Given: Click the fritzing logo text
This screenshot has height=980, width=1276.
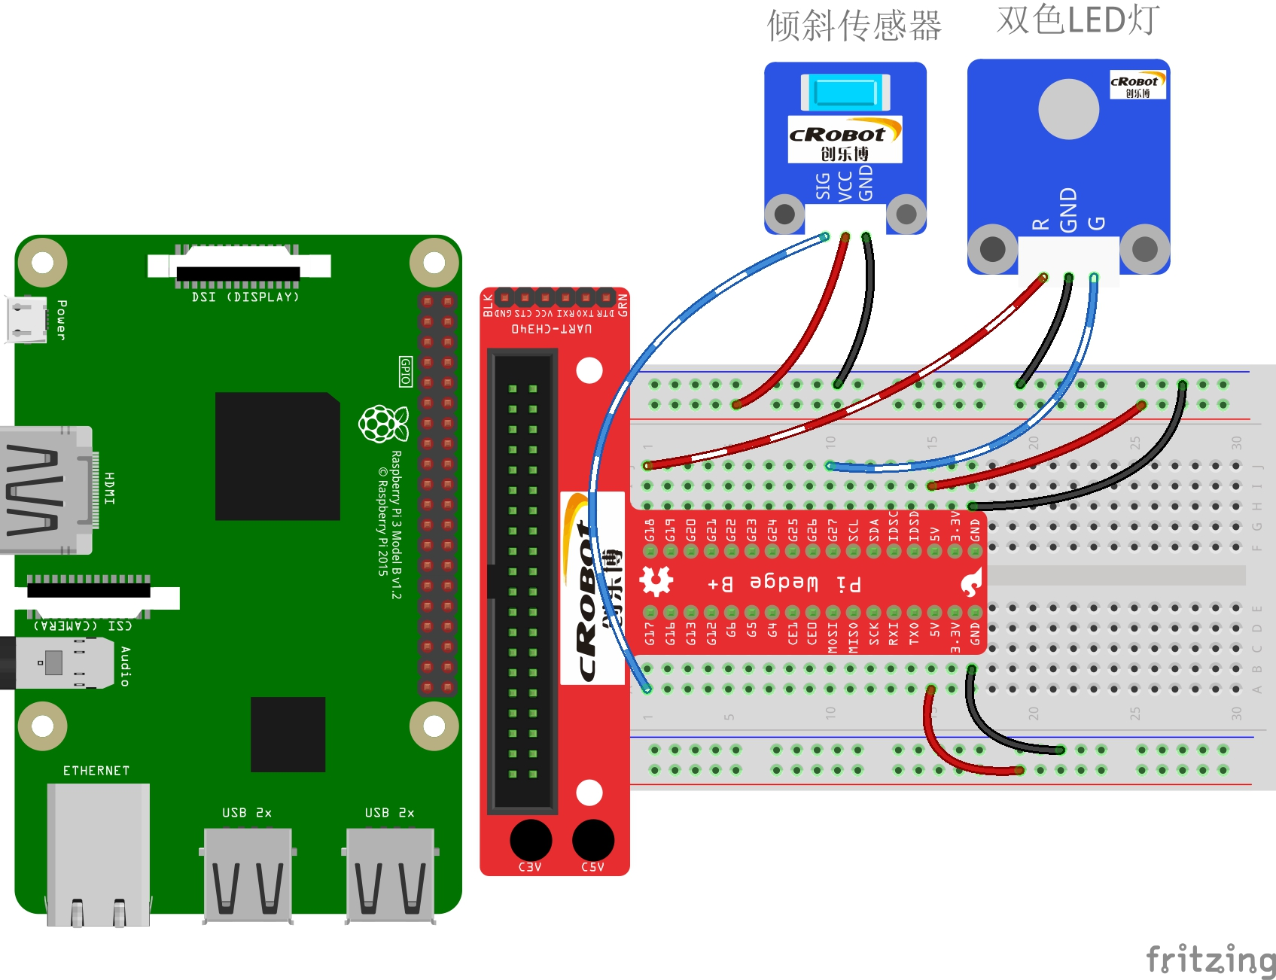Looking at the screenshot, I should pos(1209,960).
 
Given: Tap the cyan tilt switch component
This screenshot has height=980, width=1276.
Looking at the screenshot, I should pos(845,93).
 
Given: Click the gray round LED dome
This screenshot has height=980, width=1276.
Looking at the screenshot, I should pos(1068,109).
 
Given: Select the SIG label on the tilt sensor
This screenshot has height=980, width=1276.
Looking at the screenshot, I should pos(823,186).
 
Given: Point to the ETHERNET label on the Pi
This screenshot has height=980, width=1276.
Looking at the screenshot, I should pos(96,771).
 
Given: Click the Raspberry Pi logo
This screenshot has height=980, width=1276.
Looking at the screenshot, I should pos(383,424).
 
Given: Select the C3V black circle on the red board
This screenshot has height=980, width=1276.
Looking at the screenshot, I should pos(531,840).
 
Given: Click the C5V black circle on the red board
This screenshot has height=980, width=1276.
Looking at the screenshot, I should pos(593,840).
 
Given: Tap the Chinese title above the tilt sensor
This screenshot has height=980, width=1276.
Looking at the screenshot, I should pos(854,26).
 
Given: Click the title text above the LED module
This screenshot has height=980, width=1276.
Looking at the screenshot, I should pos(1077,20).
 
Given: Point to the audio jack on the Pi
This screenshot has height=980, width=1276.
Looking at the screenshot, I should pos(56,663).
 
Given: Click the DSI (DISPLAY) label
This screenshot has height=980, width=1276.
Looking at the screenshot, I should pos(245,297).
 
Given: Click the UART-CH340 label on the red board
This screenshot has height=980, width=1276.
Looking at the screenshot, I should pos(552,329).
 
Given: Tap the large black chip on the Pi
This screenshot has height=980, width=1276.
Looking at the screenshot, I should pos(277,456).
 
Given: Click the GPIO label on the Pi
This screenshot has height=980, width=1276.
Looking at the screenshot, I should pos(406,372).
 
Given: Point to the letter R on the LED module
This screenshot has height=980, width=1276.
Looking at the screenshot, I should pos(1040,224).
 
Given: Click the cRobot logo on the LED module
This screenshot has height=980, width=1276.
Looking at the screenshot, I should pos(1137,84).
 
